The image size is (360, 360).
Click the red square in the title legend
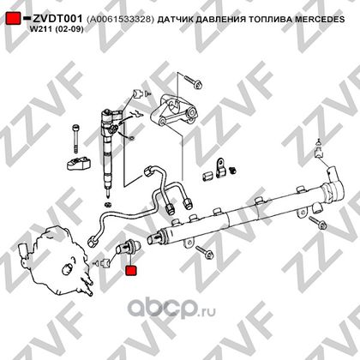pyautogui.click(x=14, y=18)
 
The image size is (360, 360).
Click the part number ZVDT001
pyautogui.click(x=57, y=19)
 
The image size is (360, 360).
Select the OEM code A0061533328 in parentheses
pyautogui.click(x=120, y=19)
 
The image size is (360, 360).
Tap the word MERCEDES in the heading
pyautogui.click(x=320, y=19)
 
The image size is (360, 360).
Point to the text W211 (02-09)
pyautogui.click(x=57, y=29)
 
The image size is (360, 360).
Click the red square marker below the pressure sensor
pyautogui.click(x=131, y=271)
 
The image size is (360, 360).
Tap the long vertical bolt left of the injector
pyautogui.click(x=75, y=139)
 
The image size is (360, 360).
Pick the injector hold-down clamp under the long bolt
pyautogui.click(x=79, y=163)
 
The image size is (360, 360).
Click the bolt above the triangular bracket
pyautogui.click(x=193, y=81)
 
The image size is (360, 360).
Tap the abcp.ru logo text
pyautogui.click(x=171, y=309)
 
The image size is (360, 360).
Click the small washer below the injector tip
pyautogui.click(x=108, y=205)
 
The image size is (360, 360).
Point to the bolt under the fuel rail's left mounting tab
pyautogui.click(x=205, y=252)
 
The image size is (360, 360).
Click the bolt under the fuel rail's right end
pyautogui.click(x=317, y=223)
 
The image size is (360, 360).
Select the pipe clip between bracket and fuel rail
pyautogui.click(x=220, y=167)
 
